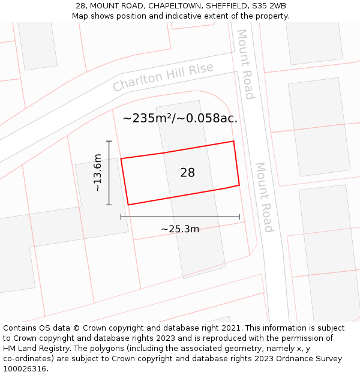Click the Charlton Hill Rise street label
pyautogui.click(x=163, y=77)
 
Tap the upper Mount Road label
pyautogui.click(x=245, y=64)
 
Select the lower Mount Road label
pyautogui.click(x=264, y=197)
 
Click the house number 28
pyautogui.click(x=187, y=173)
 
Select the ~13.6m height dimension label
pyautogui.click(x=98, y=173)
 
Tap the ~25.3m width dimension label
pyautogui.click(x=180, y=229)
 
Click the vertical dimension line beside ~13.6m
pyautogui.click(x=109, y=173)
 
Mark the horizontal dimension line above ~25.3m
pyautogui.click(x=180, y=217)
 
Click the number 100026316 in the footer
pyautogui.click(x=25, y=368)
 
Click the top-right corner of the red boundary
pyautogui.click(x=233, y=142)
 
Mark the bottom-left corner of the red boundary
pyautogui.click(x=128, y=205)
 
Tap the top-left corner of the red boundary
pyautogui.click(x=121, y=159)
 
